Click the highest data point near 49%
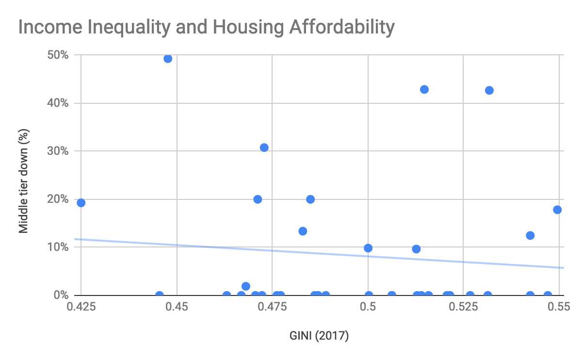coord(168,59)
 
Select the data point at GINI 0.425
coord(81,203)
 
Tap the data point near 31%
coord(264,147)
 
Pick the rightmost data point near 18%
coord(557,210)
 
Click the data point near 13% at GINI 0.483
coord(303,231)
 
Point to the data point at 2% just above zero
coord(246,286)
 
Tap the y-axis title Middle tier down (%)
coord(23,180)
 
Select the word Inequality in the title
coord(134,28)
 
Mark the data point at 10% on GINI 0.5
coord(368,248)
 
